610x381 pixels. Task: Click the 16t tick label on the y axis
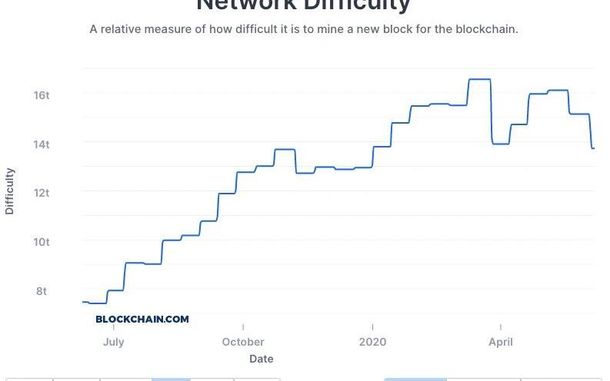click(41, 95)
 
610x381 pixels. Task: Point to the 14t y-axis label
click(41, 144)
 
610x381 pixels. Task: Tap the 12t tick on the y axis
click(41, 193)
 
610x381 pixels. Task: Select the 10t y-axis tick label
click(41, 242)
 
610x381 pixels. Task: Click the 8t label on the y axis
click(41, 291)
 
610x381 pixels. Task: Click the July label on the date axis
click(113, 342)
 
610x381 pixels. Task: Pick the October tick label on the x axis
click(243, 342)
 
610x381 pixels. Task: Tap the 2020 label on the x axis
click(372, 342)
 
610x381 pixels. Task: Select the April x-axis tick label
click(501, 342)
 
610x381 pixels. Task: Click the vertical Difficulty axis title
click(10, 190)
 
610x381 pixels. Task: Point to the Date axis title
click(261, 359)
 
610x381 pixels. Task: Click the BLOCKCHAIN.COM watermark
click(142, 319)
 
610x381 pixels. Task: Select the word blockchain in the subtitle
click(485, 29)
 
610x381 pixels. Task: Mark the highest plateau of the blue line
click(479, 79)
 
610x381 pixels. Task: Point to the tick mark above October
click(243, 327)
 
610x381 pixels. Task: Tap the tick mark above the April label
click(501, 327)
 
